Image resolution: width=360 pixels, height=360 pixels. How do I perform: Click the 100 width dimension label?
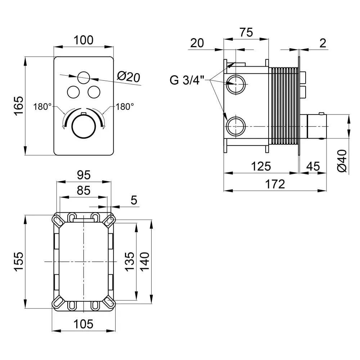coord(83,40)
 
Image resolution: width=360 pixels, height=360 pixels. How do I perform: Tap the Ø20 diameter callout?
coord(129,76)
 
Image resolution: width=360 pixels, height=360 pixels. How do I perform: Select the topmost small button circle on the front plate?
coord(84,77)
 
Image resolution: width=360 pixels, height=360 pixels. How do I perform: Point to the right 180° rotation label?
coord(125,107)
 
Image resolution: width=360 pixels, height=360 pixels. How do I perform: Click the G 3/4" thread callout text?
coord(187,80)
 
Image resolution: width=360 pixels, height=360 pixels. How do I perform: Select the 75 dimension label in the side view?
coord(246,32)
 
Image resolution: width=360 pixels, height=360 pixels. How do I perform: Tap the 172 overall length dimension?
coord(276,184)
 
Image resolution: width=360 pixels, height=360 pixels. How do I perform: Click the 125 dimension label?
coord(261,166)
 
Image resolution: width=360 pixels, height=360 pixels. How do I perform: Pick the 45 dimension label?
coord(312,166)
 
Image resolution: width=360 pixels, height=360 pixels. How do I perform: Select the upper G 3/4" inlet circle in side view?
coord(236,84)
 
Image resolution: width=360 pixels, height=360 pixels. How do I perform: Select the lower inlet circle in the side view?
coord(236,127)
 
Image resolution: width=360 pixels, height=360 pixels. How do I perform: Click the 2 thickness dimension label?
coord(323,43)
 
